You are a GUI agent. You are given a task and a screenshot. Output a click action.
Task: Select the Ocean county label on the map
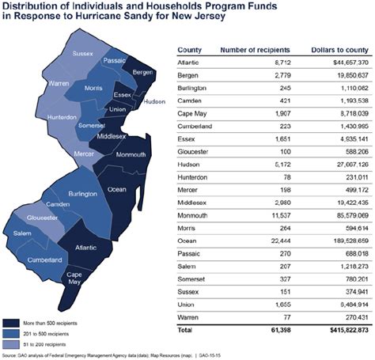click(117, 190)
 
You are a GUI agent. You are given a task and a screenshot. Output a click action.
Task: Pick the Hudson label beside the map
click(154, 101)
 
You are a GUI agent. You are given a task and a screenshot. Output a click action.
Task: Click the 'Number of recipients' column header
click(252, 49)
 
